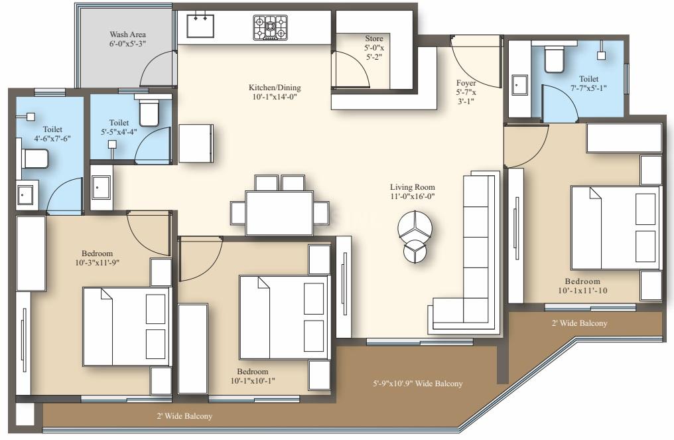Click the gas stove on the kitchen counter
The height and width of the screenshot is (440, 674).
click(x=270, y=27)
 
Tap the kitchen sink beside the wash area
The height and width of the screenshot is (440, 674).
click(x=200, y=26)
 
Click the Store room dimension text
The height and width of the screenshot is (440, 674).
click(x=374, y=52)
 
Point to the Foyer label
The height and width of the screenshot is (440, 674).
click(x=466, y=83)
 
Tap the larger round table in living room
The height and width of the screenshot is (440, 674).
click(x=415, y=226)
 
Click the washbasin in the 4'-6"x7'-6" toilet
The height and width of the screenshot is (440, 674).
click(x=27, y=195)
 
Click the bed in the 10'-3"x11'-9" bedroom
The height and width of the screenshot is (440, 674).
click(x=127, y=327)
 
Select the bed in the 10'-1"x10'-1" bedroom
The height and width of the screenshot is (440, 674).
click(x=284, y=317)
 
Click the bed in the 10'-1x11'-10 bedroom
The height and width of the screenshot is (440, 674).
click(x=616, y=227)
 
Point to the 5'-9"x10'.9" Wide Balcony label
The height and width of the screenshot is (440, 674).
click(x=417, y=383)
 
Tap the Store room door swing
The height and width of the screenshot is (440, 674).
click(x=351, y=69)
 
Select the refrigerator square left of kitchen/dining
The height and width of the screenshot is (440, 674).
click(x=196, y=143)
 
